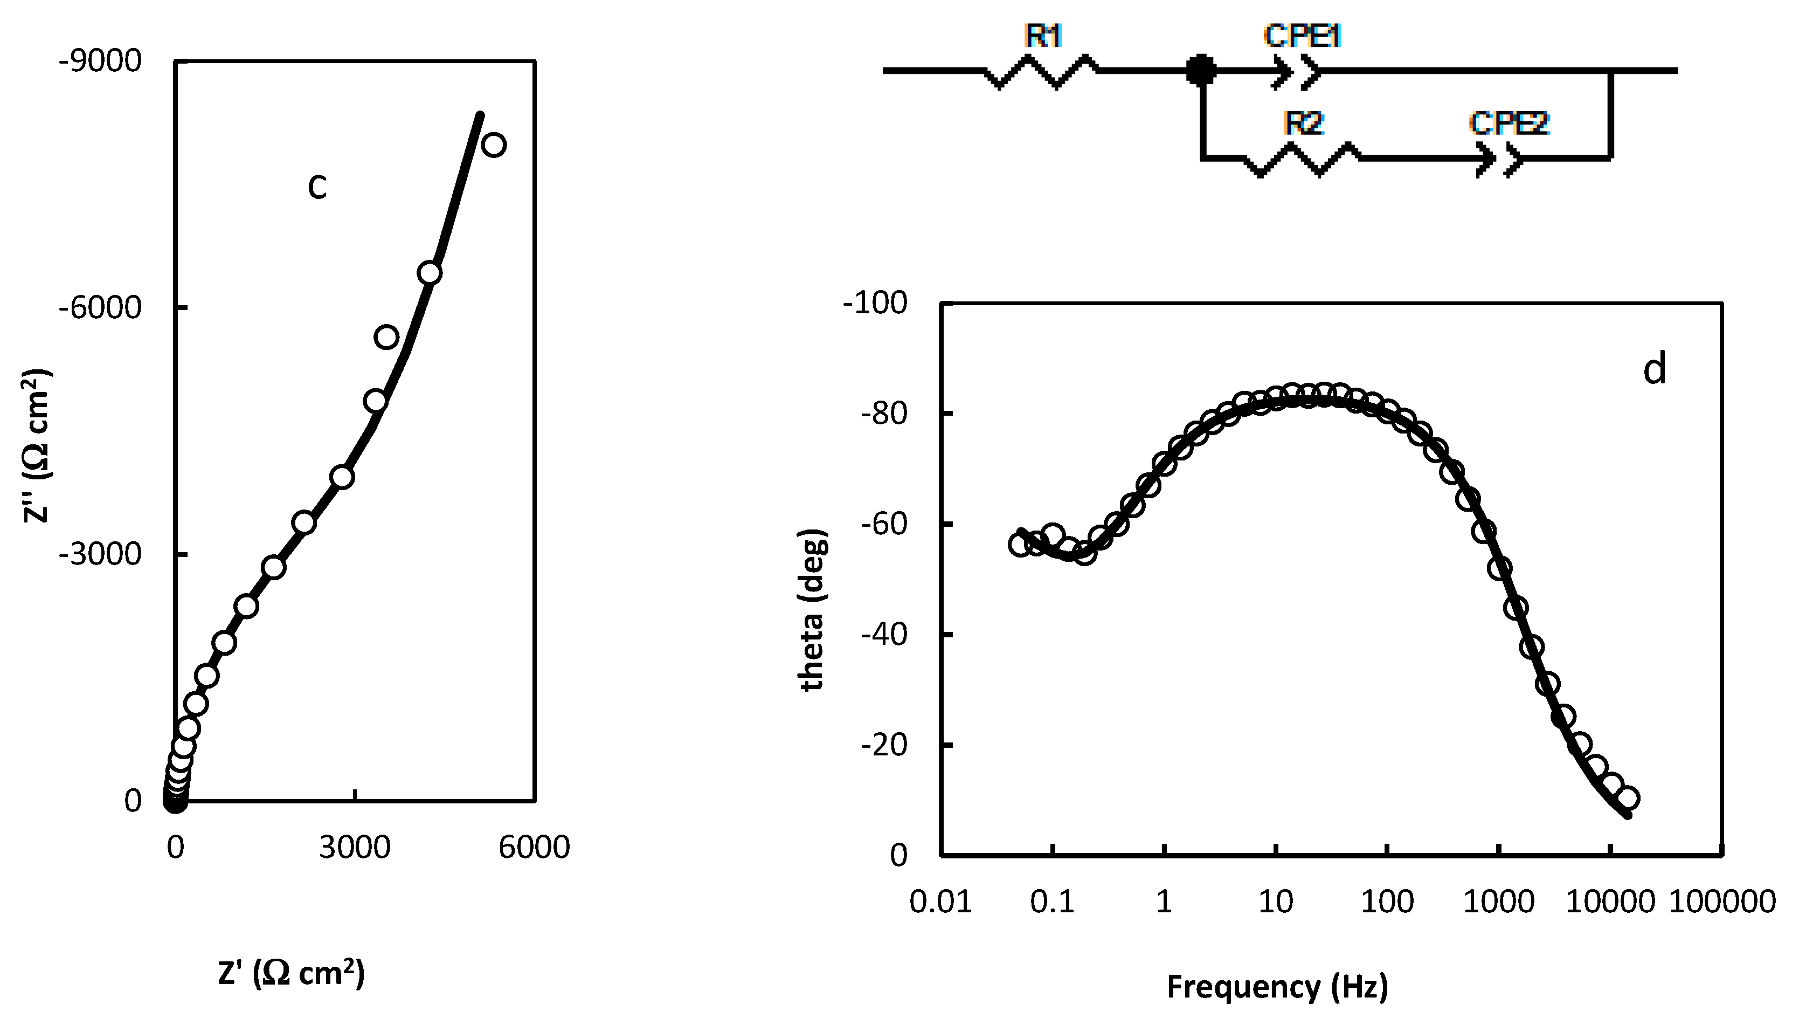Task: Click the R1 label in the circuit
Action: pyautogui.click(x=1043, y=37)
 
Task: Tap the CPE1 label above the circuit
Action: pyautogui.click(x=1302, y=37)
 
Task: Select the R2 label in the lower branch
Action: pyautogui.click(x=1303, y=124)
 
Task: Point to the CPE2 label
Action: pyautogui.click(x=1509, y=124)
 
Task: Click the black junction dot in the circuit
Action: pyautogui.click(x=1200, y=71)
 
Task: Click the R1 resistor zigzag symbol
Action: pyautogui.click(x=1041, y=71)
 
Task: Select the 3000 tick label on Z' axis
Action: pyautogui.click(x=355, y=847)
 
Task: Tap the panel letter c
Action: pyautogui.click(x=317, y=187)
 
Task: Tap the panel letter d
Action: pyautogui.click(x=1655, y=369)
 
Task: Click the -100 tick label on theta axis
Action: pyautogui.click(x=875, y=304)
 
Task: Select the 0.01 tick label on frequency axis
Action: pyautogui.click(x=940, y=902)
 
